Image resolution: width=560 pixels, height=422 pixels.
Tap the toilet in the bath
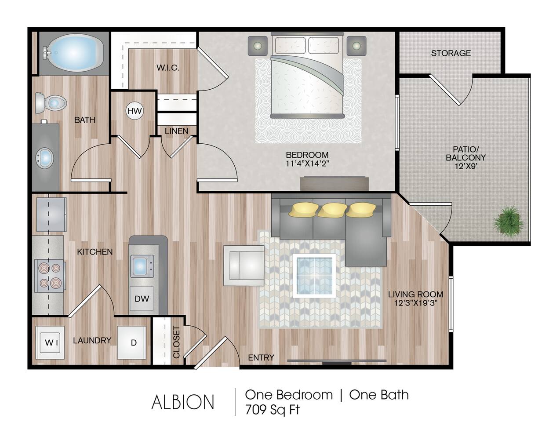[x=51, y=103]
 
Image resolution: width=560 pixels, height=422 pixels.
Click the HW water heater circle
[x=135, y=111]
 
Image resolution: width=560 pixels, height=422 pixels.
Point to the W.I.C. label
[x=168, y=68]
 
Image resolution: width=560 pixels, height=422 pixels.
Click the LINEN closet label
[x=177, y=131]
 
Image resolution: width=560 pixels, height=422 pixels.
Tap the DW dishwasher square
[x=142, y=299]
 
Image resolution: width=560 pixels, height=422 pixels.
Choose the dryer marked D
[x=133, y=343]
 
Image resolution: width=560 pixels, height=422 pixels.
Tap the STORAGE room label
[x=451, y=53]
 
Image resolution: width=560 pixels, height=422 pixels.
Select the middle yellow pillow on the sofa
[x=331, y=210]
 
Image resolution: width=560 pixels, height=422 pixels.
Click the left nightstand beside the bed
[x=258, y=46]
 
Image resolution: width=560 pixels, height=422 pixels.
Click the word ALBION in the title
[x=183, y=402]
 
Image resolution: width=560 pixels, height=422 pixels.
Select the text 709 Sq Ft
[x=273, y=410]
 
